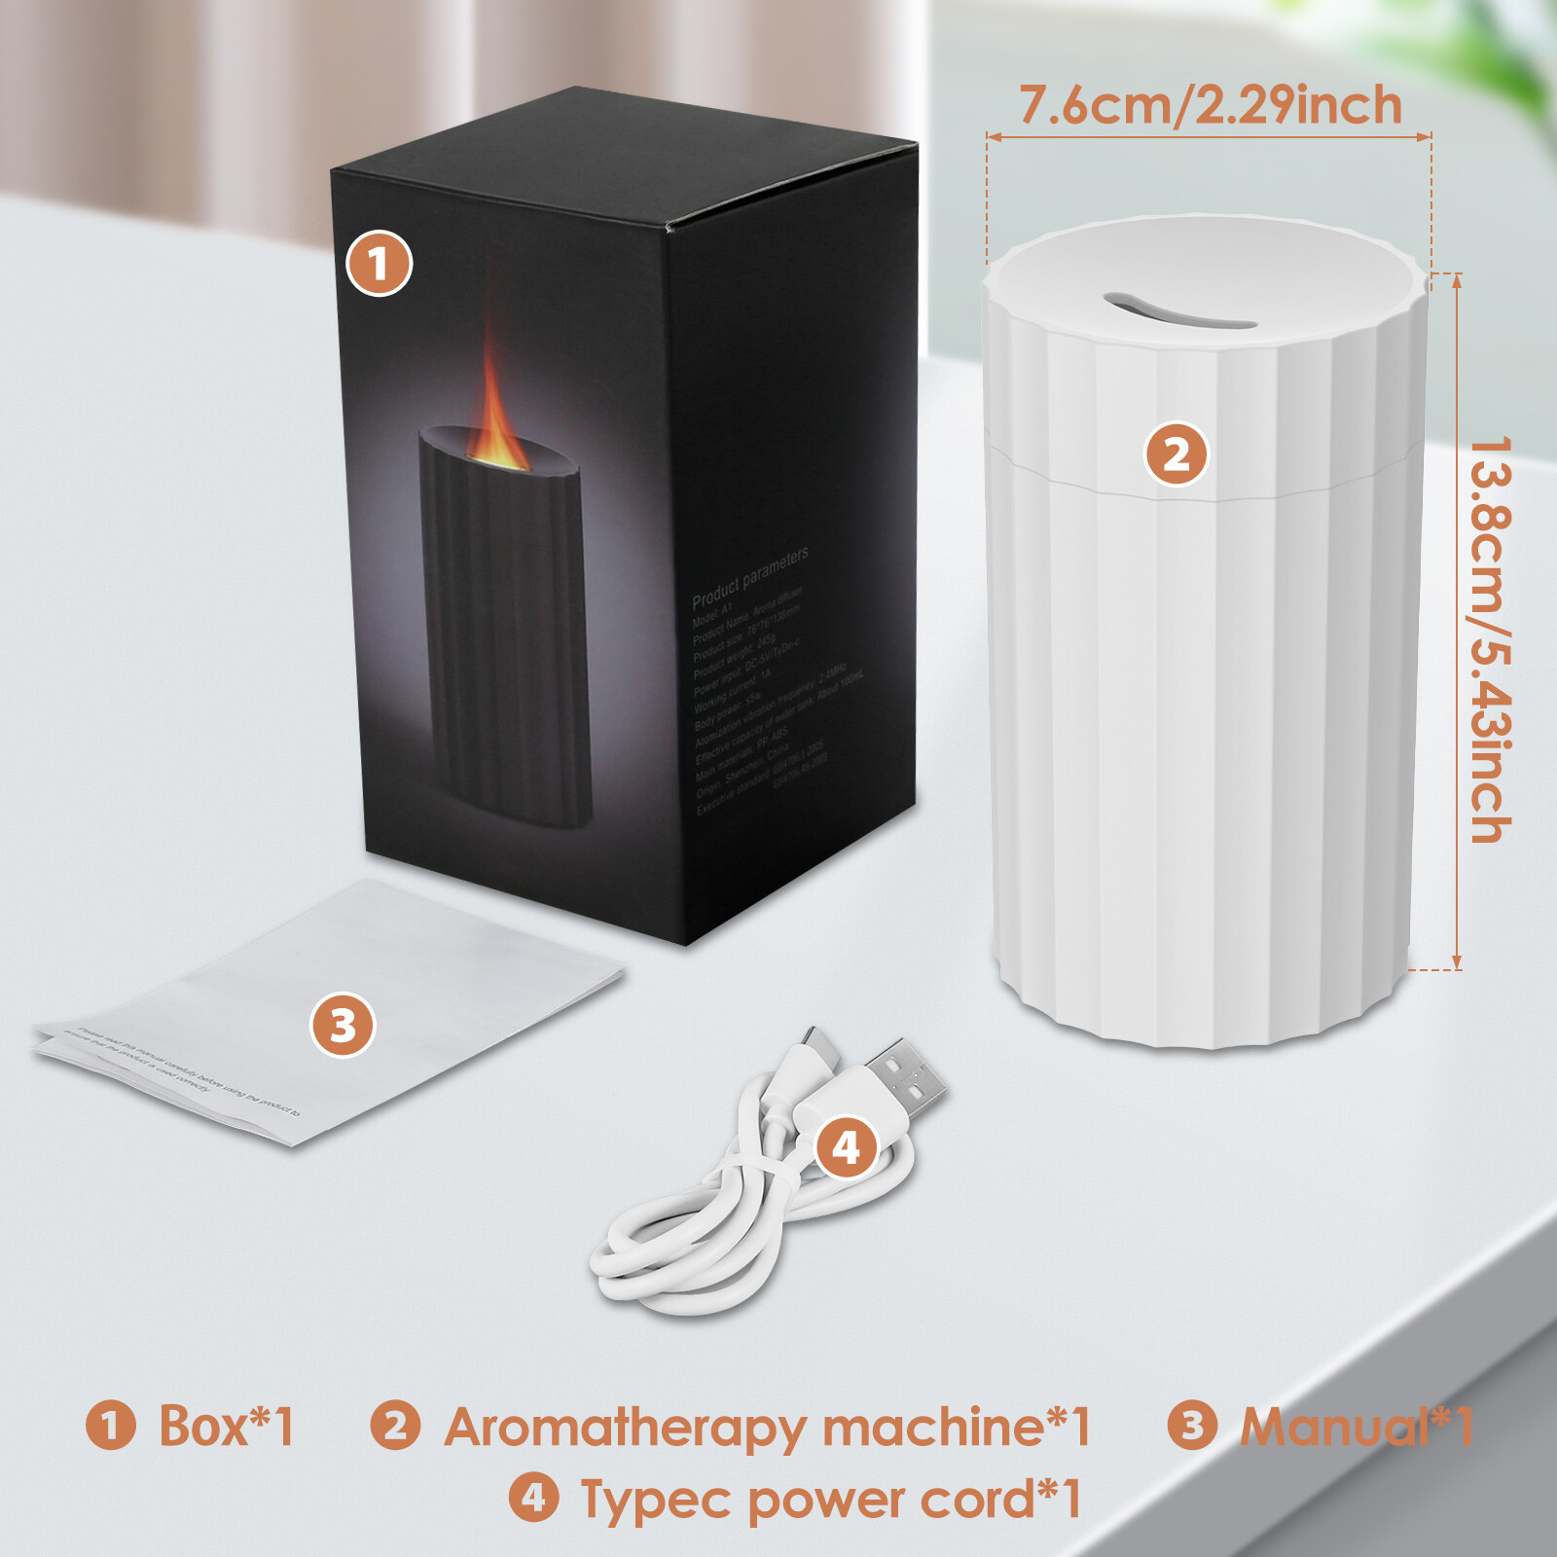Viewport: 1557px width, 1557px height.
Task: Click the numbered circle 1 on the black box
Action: coord(380,264)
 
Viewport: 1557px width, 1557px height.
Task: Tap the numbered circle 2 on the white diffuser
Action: coord(1177,454)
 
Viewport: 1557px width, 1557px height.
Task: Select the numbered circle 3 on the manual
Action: coord(343,1026)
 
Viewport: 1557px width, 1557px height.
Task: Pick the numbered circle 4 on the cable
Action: coord(846,1147)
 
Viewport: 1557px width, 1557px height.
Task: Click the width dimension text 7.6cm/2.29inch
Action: coord(1210,105)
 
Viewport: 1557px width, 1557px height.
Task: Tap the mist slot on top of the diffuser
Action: coord(1178,309)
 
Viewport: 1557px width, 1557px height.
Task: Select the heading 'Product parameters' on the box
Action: coord(749,576)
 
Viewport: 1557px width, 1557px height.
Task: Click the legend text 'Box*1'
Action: coord(226,1427)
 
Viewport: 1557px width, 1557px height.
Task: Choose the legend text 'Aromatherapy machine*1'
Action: coord(767,1428)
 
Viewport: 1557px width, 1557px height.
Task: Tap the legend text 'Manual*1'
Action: coord(1356,1427)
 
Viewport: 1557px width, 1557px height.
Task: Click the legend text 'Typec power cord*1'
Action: coord(830,1500)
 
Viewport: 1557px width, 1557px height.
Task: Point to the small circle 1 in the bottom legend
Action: coord(110,1426)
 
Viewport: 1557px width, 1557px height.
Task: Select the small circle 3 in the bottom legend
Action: coord(1192,1426)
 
